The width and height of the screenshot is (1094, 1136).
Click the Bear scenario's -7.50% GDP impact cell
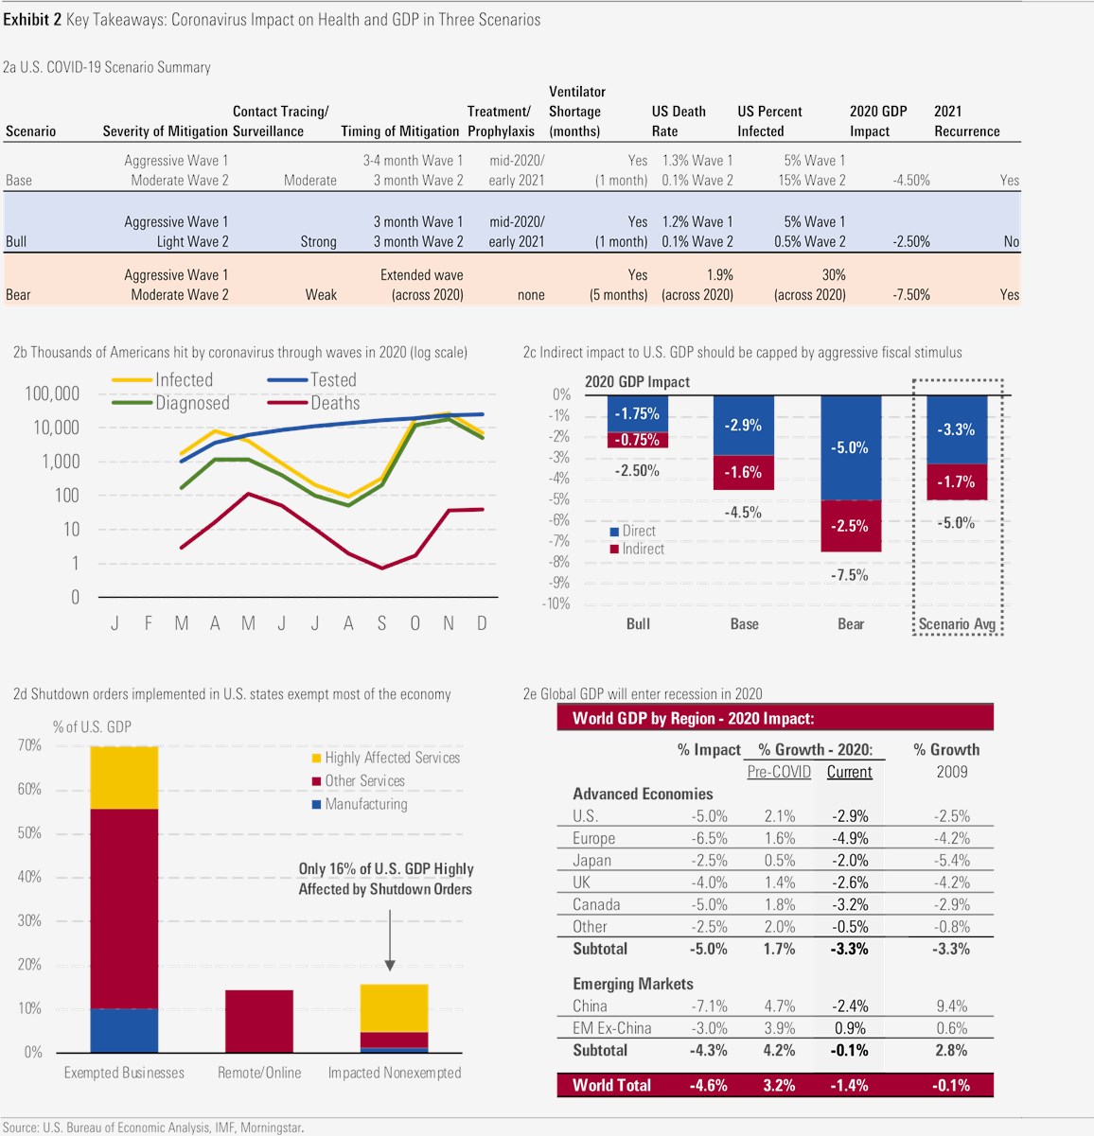[x=911, y=294]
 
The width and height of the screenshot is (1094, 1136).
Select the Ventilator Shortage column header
[x=576, y=112]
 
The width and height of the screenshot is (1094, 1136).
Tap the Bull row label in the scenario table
[x=16, y=241]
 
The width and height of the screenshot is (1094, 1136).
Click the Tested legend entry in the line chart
[x=333, y=380]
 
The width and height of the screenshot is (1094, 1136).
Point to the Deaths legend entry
[x=335, y=403]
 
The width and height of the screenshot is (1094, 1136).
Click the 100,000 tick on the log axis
[x=52, y=393]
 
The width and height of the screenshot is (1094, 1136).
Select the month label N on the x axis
[x=449, y=623]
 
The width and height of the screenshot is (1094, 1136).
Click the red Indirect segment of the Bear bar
[x=850, y=526]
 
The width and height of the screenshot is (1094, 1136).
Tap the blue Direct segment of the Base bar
[x=743, y=426]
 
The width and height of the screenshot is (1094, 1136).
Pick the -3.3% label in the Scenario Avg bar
[x=956, y=429]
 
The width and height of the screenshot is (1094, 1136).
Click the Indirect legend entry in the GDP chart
[x=642, y=549]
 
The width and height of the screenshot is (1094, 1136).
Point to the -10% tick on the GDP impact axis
[x=557, y=603]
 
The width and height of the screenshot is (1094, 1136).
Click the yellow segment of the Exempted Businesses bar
[x=124, y=778]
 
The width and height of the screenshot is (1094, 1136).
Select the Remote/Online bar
[x=259, y=1021]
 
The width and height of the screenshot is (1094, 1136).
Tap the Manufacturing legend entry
[x=365, y=804]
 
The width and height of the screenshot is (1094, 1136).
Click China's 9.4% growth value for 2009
[x=951, y=1005]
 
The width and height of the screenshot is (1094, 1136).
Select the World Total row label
[x=611, y=1085]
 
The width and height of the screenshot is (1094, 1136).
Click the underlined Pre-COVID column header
[x=779, y=772]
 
